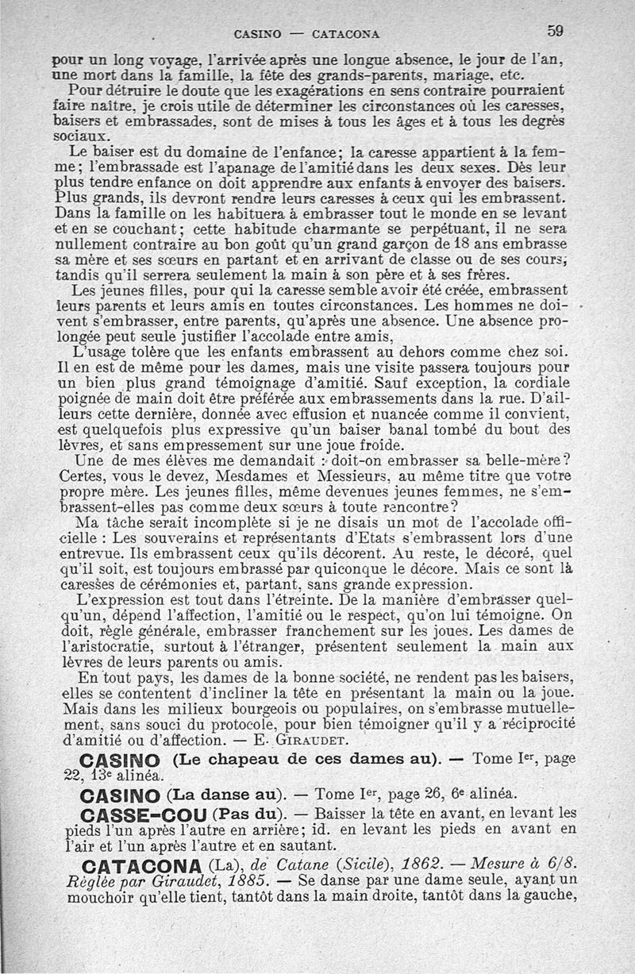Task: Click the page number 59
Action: (x=554, y=31)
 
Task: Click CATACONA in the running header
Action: (x=345, y=34)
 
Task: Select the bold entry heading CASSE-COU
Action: (x=144, y=814)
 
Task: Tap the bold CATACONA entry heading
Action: (x=140, y=864)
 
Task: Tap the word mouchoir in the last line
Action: (x=89, y=897)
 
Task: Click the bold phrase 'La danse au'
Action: (x=225, y=794)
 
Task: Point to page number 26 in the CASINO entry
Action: (x=432, y=794)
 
